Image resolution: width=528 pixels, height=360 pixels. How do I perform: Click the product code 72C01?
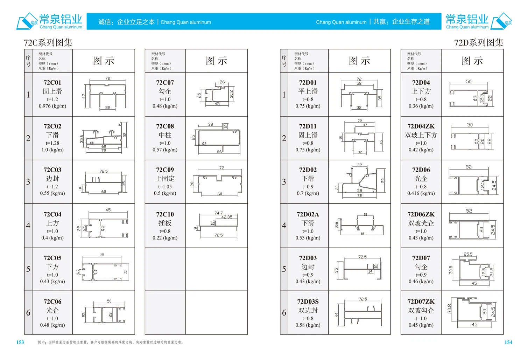point(52,83)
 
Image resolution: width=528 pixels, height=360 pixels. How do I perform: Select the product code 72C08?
point(165,126)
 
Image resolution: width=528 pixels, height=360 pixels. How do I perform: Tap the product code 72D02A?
point(308,214)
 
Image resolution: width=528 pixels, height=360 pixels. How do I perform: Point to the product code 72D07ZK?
point(421,302)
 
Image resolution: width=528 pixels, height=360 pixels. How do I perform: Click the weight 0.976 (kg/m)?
point(52,106)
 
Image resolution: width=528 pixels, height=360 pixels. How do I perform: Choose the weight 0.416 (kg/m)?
point(421,193)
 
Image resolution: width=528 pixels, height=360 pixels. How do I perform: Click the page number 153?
point(20,342)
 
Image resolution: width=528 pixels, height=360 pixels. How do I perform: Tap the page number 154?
point(508,342)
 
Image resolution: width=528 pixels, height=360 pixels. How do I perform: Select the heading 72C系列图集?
point(48,43)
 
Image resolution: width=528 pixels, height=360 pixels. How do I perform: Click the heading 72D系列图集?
point(478,43)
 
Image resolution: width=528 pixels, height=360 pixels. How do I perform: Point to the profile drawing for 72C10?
point(217,225)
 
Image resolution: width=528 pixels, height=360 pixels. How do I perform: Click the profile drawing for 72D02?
point(359,181)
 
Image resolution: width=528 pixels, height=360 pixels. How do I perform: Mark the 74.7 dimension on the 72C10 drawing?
point(218,213)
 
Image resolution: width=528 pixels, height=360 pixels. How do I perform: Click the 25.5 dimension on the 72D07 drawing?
point(468,254)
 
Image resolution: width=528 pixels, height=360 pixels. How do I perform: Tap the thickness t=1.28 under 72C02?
point(52,143)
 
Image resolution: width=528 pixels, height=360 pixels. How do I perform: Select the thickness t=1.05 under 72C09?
point(165,187)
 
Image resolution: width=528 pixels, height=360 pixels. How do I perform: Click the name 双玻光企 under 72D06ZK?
point(421,223)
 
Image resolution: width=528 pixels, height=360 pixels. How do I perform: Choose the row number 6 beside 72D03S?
point(284,312)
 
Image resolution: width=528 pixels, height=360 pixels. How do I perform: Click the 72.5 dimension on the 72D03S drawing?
point(363,299)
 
